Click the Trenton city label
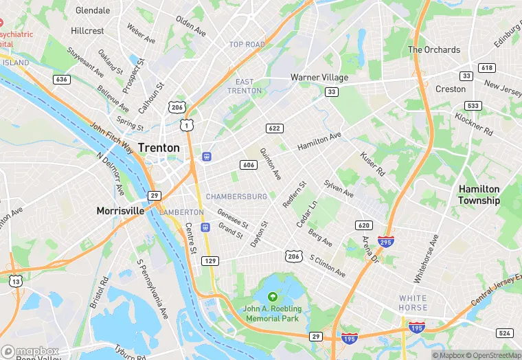[159, 148]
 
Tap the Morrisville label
[120, 210]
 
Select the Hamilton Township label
[479, 194]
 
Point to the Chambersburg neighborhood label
[236, 196]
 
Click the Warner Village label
[319, 78]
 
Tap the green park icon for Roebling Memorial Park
[272, 297]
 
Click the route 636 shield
[62, 80]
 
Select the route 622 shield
[275, 128]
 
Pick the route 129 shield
[210, 261]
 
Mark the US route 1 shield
[186, 124]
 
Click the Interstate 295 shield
[385, 242]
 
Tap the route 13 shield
[16, 280]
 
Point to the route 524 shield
[505, 333]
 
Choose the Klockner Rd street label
[474, 122]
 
